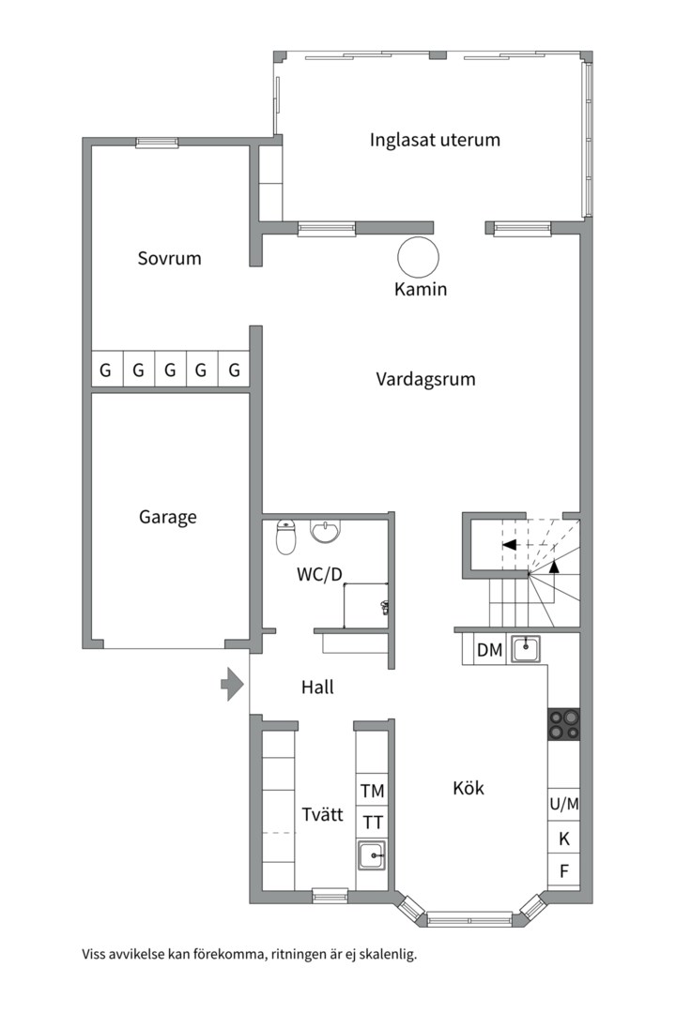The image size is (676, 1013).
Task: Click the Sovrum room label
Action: tap(169, 258)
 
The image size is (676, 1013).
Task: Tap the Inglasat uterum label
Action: tap(435, 141)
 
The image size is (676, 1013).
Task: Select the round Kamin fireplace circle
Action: tap(418, 256)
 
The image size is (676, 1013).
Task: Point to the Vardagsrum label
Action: tap(425, 380)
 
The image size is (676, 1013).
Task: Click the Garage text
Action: tap(168, 517)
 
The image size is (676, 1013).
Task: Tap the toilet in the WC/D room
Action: tap(286, 538)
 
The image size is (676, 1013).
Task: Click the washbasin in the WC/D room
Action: tap(326, 532)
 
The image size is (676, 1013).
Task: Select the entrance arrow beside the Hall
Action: tap(231, 685)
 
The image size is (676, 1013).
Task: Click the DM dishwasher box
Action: tap(489, 649)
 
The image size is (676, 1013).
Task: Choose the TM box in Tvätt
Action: tap(373, 791)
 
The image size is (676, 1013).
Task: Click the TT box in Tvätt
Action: tap(373, 823)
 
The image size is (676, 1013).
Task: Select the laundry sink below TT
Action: tap(373, 855)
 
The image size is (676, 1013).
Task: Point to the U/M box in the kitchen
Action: tap(564, 804)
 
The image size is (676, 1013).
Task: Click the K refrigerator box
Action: tap(564, 839)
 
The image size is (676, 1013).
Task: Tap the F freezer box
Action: tap(564, 871)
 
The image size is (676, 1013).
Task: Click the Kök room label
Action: tap(469, 788)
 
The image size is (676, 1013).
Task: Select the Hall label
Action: tap(317, 688)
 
